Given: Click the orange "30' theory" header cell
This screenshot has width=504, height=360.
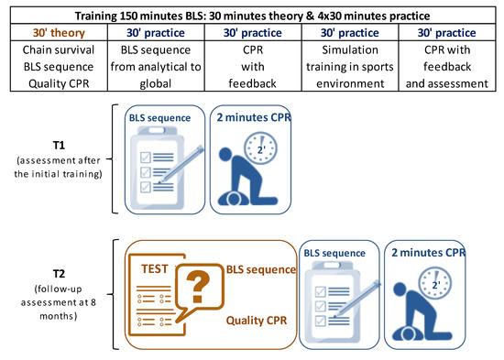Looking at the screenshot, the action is pos(59,32).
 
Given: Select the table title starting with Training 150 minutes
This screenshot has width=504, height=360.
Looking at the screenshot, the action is pos(252,16).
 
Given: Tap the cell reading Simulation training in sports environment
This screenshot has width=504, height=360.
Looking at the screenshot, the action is pos(350,67).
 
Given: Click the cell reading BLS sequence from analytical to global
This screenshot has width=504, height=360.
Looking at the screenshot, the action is pos(156,67).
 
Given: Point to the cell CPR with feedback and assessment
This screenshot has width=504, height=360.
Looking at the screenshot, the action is pos(447,67).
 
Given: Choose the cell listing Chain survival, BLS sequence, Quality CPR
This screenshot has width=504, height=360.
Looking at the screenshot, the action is pos(59,67).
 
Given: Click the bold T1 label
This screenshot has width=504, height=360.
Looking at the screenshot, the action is pos(59,146).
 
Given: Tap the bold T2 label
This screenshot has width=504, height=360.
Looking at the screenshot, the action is pos(59,274).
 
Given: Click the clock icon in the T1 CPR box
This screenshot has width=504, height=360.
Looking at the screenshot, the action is pos(260,148).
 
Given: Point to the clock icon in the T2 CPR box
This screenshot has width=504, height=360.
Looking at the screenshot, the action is pos(435,283).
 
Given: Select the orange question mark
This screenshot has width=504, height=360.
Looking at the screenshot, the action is pos(197,287).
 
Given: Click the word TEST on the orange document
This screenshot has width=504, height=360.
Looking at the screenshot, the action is pos(155,268).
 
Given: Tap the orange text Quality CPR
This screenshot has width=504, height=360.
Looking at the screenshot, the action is pos(257,321).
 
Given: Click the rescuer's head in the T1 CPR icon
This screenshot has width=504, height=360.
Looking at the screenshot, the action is pos(225,154).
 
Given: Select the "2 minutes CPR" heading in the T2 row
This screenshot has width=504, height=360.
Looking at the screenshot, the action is pos(429,253).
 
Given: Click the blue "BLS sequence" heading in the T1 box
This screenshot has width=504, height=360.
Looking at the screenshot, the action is pos(159,118).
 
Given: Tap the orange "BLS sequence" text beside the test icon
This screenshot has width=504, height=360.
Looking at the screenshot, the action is pos(261,269).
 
